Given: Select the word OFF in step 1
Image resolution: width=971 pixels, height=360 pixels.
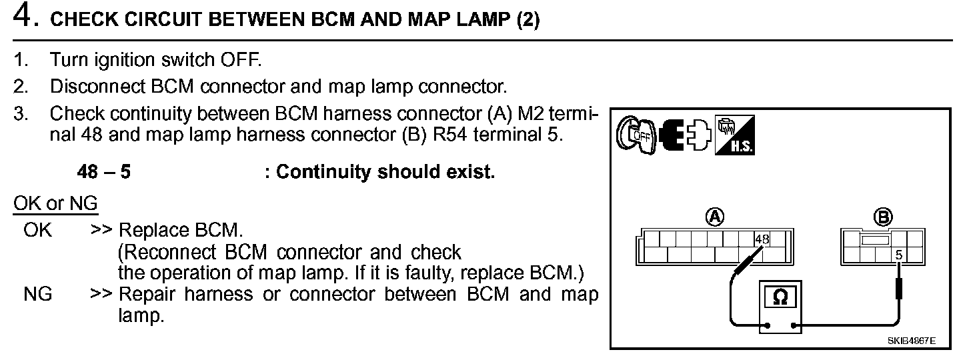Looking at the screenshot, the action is [x=241, y=59].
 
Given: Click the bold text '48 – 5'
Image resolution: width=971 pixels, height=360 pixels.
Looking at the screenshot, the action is [x=104, y=172].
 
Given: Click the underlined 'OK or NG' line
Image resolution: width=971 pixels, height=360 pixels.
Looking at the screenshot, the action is [x=55, y=203].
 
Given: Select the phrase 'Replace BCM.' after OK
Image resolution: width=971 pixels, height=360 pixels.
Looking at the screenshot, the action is [x=180, y=231].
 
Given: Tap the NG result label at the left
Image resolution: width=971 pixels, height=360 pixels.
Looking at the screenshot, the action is [x=37, y=294].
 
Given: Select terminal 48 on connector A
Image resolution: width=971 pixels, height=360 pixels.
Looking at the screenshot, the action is [x=762, y=239].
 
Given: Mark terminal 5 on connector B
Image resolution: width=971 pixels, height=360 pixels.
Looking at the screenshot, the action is [x=898, y=254].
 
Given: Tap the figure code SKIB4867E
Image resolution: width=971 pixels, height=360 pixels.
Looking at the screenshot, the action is [x=911, y=341].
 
